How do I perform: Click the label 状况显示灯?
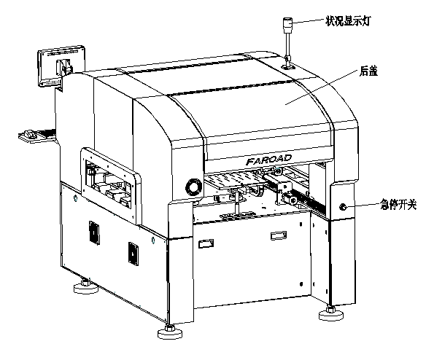[348, 21]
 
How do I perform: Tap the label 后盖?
[368, 71]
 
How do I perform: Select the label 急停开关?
[398, 205]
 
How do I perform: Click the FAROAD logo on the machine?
[268, 160]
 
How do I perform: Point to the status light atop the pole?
[287, 26]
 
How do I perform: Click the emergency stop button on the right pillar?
[343, 207]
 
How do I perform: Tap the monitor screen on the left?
[61, 66]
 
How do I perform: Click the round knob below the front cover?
[194, 187]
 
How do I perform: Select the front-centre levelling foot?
[170, 332]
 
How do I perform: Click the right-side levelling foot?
[331, 313]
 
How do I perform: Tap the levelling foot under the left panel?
[86, 286]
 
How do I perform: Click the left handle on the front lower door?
[206, 243]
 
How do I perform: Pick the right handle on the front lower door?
[279, 235]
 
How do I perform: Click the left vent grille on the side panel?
[94, 232]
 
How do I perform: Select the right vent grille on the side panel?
[133, 254]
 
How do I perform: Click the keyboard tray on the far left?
[38, 136]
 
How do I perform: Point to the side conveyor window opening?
[109, 184]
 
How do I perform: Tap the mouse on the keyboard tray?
[29, 134]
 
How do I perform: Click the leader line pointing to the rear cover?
[322, 87]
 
